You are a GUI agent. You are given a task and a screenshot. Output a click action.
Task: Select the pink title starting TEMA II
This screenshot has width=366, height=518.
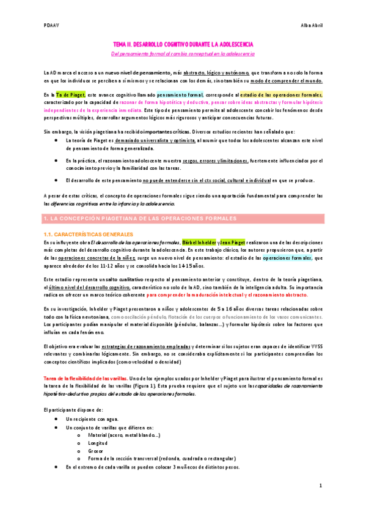(x=183, y=45)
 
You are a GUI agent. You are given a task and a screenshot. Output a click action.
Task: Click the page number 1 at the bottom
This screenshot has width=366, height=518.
(x=320, y=486)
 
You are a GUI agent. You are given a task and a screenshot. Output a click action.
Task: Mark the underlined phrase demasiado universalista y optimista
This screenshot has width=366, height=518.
(x=154, y=140)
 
